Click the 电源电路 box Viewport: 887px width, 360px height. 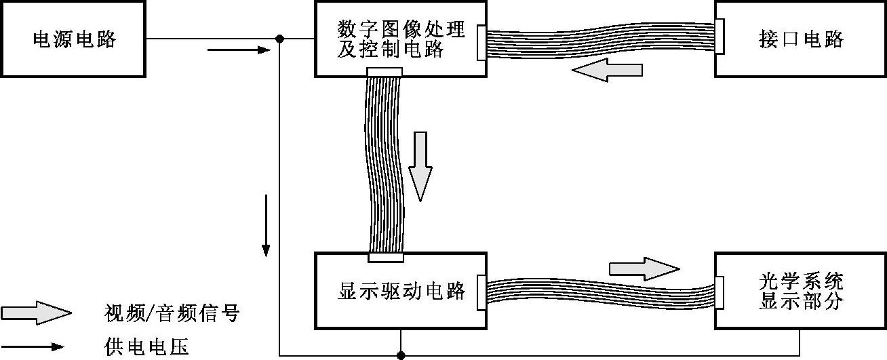click(73, 39)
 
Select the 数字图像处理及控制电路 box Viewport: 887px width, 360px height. click(400, 39)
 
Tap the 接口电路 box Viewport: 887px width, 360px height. click(801, 39)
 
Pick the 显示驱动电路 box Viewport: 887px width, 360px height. click(400, 291)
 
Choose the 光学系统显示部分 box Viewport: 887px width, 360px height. click(801, 291)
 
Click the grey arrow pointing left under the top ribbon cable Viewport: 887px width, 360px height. click(607, 70)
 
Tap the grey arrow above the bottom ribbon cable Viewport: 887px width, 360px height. click(644, 268)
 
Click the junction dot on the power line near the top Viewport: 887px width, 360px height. click(280, 39)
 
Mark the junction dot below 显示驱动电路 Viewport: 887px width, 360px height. click(401, 355)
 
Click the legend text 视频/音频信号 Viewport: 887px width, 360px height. click(172, 314)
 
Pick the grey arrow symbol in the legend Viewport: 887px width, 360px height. click(36, 313)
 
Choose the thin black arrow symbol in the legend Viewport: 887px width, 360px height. click(36, 347)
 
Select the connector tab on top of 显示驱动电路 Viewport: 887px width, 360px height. click(385, 257)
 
